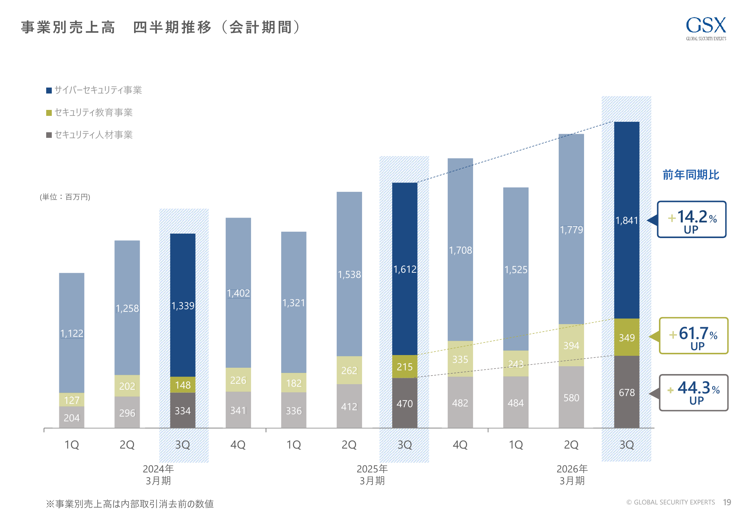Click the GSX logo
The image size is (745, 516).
tap(706, 28)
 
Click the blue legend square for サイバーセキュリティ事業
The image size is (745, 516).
tap(49, 91)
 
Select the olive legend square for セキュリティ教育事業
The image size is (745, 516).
tap(49, 113)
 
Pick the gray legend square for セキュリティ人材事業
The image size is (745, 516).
tap(49, 135)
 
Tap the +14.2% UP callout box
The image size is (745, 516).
tap(691, 219)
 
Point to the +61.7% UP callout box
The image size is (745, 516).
tap(693, 336)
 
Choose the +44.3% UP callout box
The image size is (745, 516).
tap(693, 393)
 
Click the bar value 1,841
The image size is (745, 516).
tap(627, 221)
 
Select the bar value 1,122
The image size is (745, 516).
tap(72, 333)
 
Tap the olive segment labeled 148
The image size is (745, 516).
tap(183, 385)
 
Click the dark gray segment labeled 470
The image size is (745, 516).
tap(405, 403)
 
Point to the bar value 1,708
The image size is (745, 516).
tap(460, 250)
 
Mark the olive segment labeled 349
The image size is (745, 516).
tap(627, 338)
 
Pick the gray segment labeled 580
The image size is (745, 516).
tap(571, 398)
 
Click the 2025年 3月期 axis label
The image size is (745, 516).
tap(372, 475)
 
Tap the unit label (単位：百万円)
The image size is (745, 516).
tap(65, 197)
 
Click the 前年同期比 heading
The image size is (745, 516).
tap(691, 175)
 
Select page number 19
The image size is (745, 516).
tap(727, 502)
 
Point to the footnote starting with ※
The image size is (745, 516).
tap(130, 504)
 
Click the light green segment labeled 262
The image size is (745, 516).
tap(349, 370)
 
